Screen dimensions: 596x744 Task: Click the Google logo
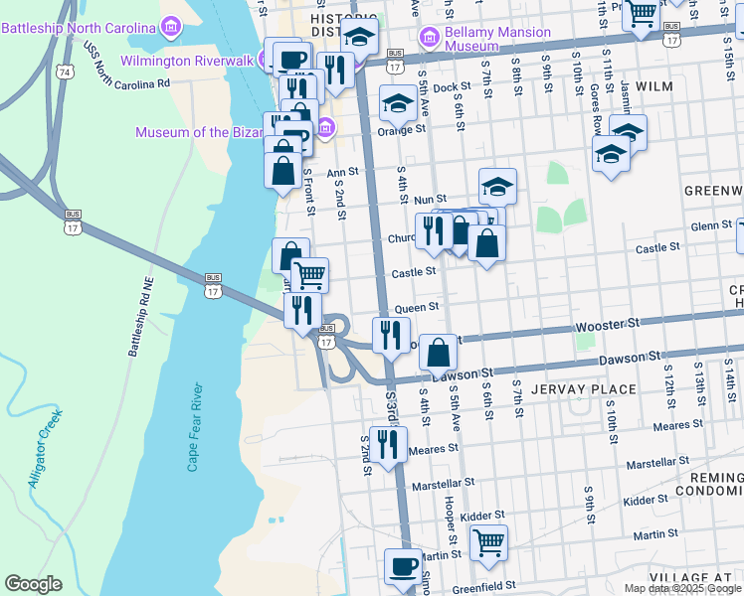33,584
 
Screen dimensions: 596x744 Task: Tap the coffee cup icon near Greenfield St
404,567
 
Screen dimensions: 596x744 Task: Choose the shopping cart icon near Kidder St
488,542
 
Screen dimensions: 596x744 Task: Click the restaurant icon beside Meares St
388,444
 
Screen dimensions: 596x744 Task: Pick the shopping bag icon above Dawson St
438,352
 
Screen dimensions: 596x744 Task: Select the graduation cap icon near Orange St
398,102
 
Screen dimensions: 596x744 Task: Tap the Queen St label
416,309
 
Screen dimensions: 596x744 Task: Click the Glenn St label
711,226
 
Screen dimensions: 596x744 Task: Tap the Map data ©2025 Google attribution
682,588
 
